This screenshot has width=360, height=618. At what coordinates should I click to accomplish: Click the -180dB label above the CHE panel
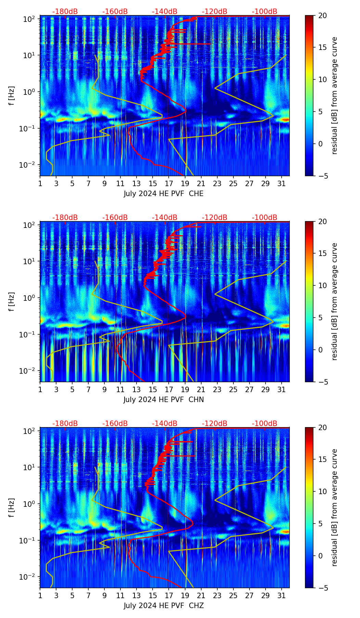[x=65, y=12]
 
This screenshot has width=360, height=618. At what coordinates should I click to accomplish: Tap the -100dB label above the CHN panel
[x=265, y=218]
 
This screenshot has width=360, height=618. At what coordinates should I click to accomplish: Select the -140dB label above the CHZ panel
[x=165, y=424]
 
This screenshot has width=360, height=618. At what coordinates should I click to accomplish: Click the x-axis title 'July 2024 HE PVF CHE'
[x=164, y=194]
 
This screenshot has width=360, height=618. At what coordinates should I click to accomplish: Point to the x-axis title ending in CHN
[x=164, y=400]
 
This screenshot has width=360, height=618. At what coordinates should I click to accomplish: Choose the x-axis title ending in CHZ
[x=164, y=606]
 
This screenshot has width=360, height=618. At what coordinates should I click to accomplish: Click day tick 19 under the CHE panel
[x=185, y=183]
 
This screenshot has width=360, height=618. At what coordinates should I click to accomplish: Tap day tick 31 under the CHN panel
[x=282, y=389]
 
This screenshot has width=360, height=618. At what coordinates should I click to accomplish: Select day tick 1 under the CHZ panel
[x=40, y=595]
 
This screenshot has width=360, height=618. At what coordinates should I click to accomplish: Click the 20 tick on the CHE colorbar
[x=322, y=15]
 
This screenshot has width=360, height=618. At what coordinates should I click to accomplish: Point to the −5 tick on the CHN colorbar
[x=322, y=382]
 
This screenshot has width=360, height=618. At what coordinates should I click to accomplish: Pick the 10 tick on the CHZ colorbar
[x=322, y=492]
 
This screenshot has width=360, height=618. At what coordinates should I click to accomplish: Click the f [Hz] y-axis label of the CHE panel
[x=12, y=96]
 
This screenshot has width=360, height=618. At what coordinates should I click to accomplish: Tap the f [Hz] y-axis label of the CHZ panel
[x=12, y=508]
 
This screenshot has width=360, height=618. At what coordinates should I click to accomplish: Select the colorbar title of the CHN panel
[x=334, y=301]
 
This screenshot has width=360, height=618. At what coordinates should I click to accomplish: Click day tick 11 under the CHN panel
[x=120, y=389]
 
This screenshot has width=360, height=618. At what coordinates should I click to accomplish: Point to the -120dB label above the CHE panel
[x=215, y=12]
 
